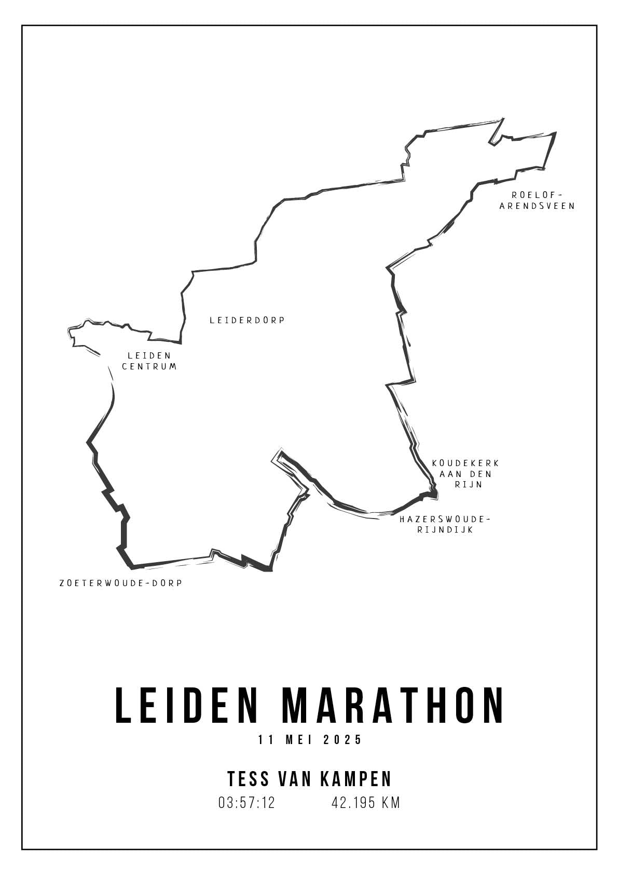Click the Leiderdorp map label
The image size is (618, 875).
[x=248, y=321]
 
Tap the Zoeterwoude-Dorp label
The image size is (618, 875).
[x=121, y=583]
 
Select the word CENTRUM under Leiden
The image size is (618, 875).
[x=149, y=366]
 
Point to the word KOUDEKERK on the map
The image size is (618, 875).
[x=465, y=463]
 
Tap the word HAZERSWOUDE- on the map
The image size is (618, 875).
[x=445, y=519]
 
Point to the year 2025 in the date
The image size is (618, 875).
[x=342, y=740]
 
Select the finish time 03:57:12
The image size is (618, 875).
[x=247, y=803]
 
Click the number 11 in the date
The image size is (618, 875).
[x=266, y=740]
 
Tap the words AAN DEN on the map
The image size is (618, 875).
[x=465, y=474]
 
